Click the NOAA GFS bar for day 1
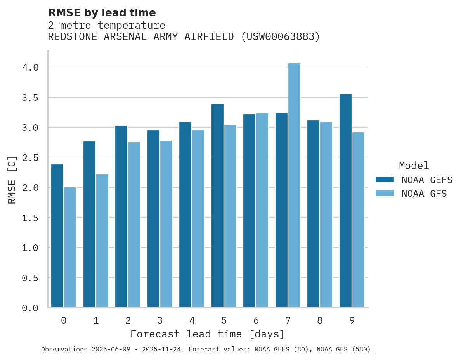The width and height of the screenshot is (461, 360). (102, 241)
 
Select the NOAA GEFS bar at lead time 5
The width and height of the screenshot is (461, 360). (217, 206)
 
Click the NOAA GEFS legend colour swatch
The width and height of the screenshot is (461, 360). (385, 180)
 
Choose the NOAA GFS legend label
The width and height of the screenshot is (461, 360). (424, 194)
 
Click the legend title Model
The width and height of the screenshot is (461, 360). (414, 166)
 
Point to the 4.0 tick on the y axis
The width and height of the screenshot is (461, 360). (30, 67)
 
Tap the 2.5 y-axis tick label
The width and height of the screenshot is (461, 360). (30, 157)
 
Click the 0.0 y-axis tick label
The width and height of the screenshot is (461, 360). (30, 308)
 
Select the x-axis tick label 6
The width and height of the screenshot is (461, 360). (256, 320)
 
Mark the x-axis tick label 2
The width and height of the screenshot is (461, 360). (128, 320)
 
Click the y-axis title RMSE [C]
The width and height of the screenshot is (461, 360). (12, 180)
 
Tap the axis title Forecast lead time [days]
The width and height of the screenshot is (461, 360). (208, 334)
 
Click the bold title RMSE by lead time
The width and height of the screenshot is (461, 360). (102, 13)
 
